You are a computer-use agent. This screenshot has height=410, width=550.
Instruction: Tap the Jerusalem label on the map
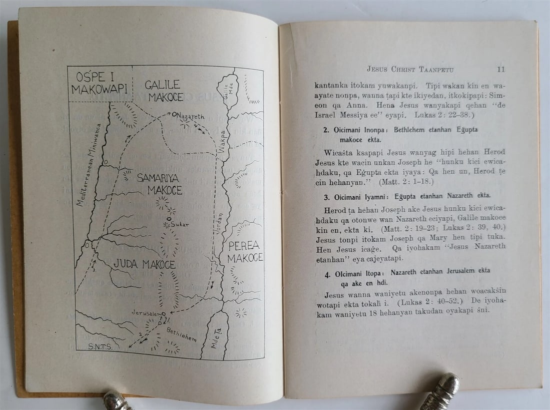coord(146,313)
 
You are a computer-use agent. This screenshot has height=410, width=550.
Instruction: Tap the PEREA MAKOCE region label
coord(245,252)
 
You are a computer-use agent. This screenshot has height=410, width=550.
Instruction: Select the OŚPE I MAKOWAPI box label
coord(99,83)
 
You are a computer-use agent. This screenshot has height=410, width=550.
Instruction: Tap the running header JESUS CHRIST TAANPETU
coord(410,69)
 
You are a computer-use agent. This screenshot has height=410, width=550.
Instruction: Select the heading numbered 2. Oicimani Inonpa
coord(400,134)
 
